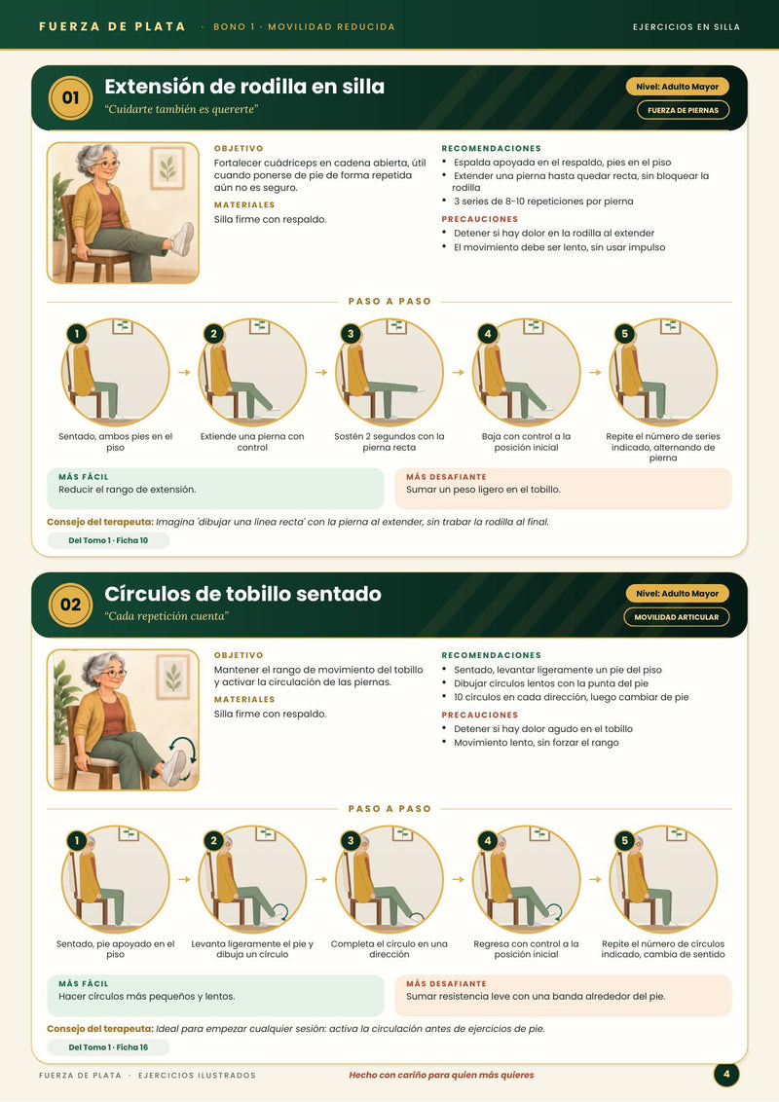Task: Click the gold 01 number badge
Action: click(x=70, y=97)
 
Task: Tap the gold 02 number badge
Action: click(x=70, y=605)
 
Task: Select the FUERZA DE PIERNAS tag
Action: click(x=683, y=110)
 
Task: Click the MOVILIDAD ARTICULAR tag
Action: click(x=677, y=617)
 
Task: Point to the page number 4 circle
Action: click(x=726, y=1075)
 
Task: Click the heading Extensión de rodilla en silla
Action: click(x=244, y=87)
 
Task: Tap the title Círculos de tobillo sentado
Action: click(x=242, y=594)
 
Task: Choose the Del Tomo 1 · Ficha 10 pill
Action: click(x=108, y=540)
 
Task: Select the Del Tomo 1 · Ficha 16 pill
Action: click(x=108, y=1047)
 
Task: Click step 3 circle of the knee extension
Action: click(x=389, y=373)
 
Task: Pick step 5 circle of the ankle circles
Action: click(x=663, y=879)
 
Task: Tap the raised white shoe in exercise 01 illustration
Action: click(x=182, y=239)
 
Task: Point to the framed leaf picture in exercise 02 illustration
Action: click(x=173, y=677)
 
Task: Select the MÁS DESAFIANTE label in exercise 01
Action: click(x=446, y=476)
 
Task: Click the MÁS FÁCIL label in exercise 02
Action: click(x=84, y=983)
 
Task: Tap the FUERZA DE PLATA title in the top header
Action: click(x=113, y=26)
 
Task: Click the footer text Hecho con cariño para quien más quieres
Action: click(x=441, y=1075)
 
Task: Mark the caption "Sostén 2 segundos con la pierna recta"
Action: click(x=389, y=441)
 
